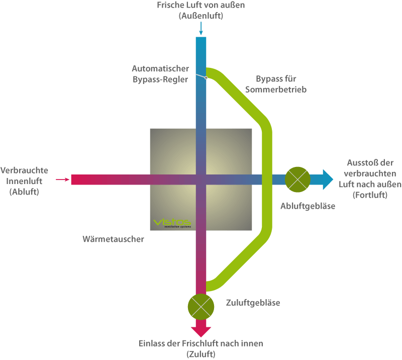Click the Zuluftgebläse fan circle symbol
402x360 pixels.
coord(200,306)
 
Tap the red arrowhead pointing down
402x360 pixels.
coord(201,330)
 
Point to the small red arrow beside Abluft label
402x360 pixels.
coord(62,179)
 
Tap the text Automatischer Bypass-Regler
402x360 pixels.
coord(160,74)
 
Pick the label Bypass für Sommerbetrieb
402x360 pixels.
coord(281,84)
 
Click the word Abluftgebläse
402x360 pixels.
coord(308,206)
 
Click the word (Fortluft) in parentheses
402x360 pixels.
coord(370,194)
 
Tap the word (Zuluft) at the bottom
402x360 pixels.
coord(200,354)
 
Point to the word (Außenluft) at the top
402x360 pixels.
coord(200,16)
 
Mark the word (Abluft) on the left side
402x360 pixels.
coord(24,192)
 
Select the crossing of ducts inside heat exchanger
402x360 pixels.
coord(201,179)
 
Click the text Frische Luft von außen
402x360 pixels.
coord(200,6)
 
